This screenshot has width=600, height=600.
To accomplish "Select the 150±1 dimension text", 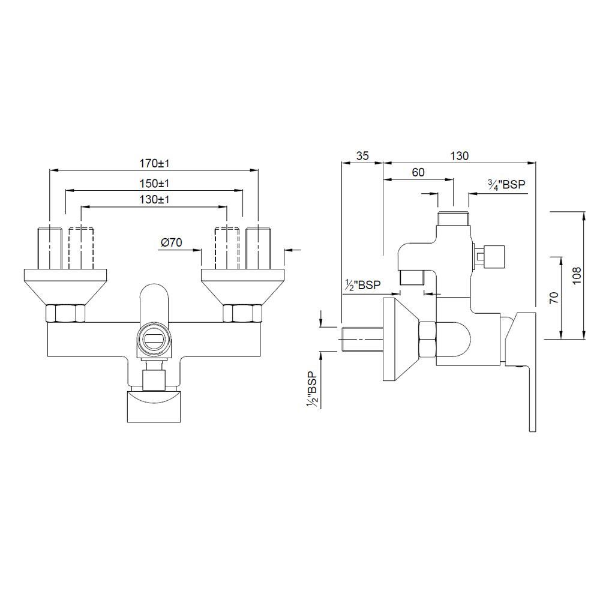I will [154, 183].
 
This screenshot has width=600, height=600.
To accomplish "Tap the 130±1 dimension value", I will [154, 200].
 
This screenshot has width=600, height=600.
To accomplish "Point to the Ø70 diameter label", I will [172, 242].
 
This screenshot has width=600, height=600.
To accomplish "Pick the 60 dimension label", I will [418, 172].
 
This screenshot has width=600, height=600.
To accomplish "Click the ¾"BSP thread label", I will [506, 185].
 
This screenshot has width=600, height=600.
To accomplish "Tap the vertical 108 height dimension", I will [577, 274].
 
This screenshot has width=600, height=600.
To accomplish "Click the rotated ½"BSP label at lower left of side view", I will [311, 390].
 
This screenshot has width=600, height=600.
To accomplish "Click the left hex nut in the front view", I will [66, 314].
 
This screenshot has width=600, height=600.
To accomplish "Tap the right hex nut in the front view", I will [242, 314].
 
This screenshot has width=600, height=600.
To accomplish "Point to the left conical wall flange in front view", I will [66, 287].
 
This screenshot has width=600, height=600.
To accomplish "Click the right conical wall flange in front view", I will [242, 287].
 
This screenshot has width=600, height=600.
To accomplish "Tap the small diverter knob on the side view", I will [493, 256].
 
